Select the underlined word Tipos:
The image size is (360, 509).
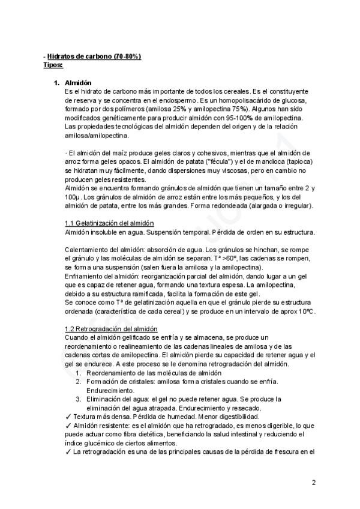[x=53, y=64]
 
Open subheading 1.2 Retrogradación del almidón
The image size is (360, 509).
[x=111, y=329]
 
